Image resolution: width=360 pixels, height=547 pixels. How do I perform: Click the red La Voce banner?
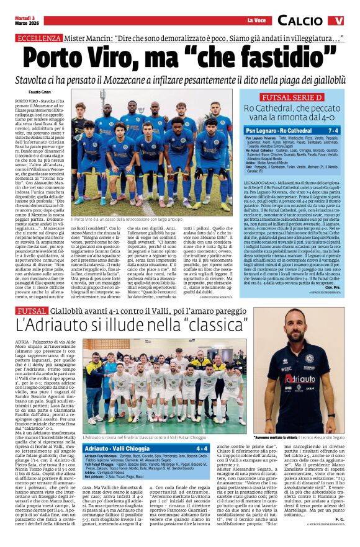[x=256, y=20]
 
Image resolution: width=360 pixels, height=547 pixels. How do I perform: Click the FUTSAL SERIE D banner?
[x=292, y=97]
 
